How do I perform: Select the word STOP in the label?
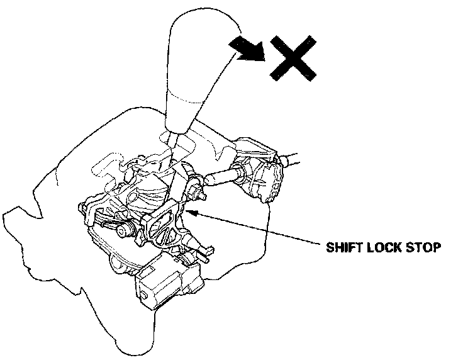coord(421,247)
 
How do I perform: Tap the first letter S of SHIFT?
coord(329,247)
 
